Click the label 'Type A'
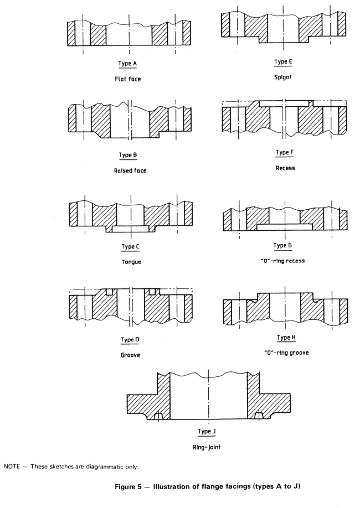tap(128, 64)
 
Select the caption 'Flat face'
tap(128, 79)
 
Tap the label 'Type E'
tap(283, 61)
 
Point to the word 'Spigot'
tap(283, 77)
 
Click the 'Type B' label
tap(128, 155)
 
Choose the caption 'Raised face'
tap(130, 170)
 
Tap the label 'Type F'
tap(285, 152)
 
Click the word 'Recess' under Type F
tap(285, 168)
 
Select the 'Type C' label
tap(130, 247)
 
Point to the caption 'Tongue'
tap(131, 262)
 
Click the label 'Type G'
tap(282, 245)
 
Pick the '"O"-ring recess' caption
tap(283, 261)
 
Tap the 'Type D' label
tap(130, 340)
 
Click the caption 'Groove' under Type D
tap(130, 355)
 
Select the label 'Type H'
tap(286, 338)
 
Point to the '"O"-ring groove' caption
tap(287, 353)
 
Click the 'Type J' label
tap(207, 432)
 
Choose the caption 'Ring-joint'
tap(207, 447)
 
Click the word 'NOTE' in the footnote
tap(12, 466)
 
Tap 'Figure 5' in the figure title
tap(128, 486)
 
